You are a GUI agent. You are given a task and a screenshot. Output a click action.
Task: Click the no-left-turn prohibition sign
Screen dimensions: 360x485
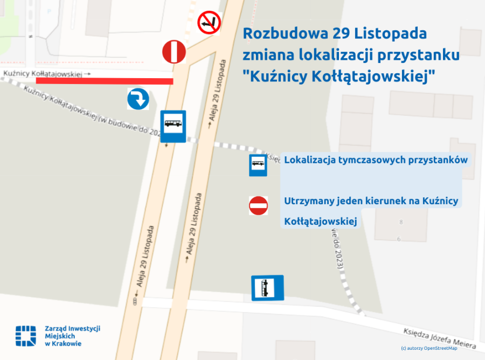coord(209,23)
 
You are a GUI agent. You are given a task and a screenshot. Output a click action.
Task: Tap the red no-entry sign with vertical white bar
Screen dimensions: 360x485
coord(174,52)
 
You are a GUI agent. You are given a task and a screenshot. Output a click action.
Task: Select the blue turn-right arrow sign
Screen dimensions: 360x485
coord(138,99)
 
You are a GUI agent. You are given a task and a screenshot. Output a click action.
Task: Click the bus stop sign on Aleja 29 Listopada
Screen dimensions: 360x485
coord(173,126)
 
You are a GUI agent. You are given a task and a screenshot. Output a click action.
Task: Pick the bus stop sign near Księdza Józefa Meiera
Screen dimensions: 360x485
coord(267,288)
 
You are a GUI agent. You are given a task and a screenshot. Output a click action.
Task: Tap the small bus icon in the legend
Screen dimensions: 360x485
coord(258,165)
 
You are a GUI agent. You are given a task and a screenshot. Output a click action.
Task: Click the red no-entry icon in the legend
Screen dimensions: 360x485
coord(258,205)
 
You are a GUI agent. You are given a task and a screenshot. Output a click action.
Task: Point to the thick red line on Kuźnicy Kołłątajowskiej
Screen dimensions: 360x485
coord(105,81)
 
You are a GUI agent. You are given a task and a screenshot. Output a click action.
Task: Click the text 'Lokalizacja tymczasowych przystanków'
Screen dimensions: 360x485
coord(376,160)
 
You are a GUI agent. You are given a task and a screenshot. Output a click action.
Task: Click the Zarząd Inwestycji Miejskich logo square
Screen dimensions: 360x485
coord(25,335)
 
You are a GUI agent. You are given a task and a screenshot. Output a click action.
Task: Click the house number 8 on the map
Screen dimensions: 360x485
coord(400,221)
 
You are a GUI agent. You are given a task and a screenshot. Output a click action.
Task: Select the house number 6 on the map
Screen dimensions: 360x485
coord(399,238)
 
